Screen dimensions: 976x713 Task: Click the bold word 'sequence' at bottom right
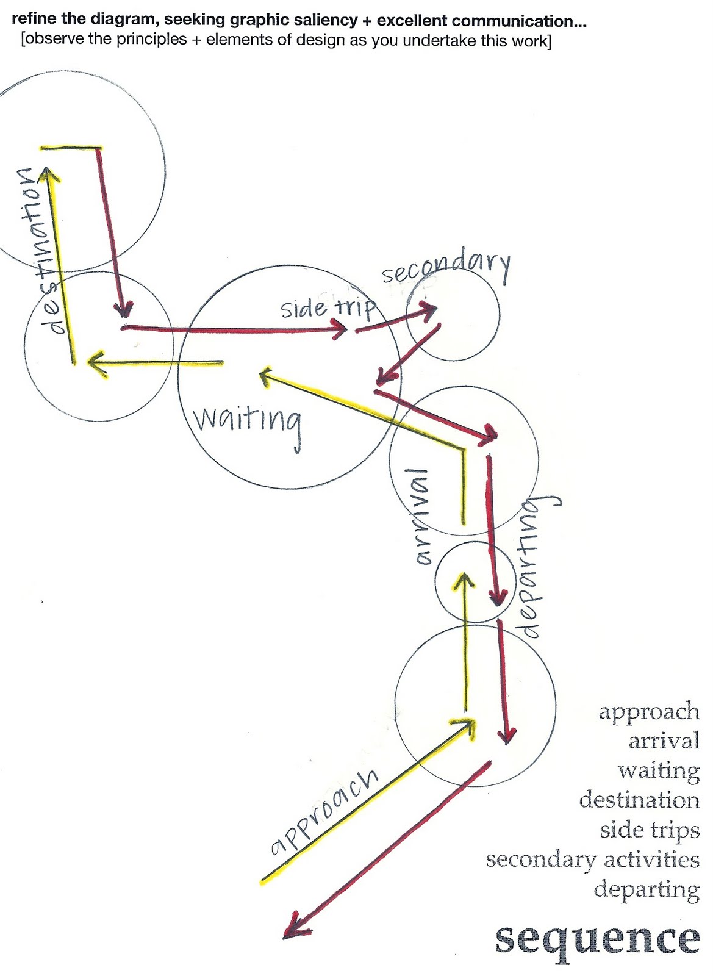pos(597,939)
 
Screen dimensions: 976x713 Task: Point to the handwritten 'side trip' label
pos(328,307)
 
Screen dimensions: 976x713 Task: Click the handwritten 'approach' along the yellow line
pos(324,811)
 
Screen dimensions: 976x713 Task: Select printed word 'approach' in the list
pos(648,712)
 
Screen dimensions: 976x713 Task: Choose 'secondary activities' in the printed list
pos(592,860)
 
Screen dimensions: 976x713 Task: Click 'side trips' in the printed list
pos(650,831)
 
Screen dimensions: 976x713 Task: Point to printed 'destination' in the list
pos(639,800)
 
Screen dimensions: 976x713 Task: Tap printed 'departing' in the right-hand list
pos(647,890)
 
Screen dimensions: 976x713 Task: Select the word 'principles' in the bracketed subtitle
pos(155,41)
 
